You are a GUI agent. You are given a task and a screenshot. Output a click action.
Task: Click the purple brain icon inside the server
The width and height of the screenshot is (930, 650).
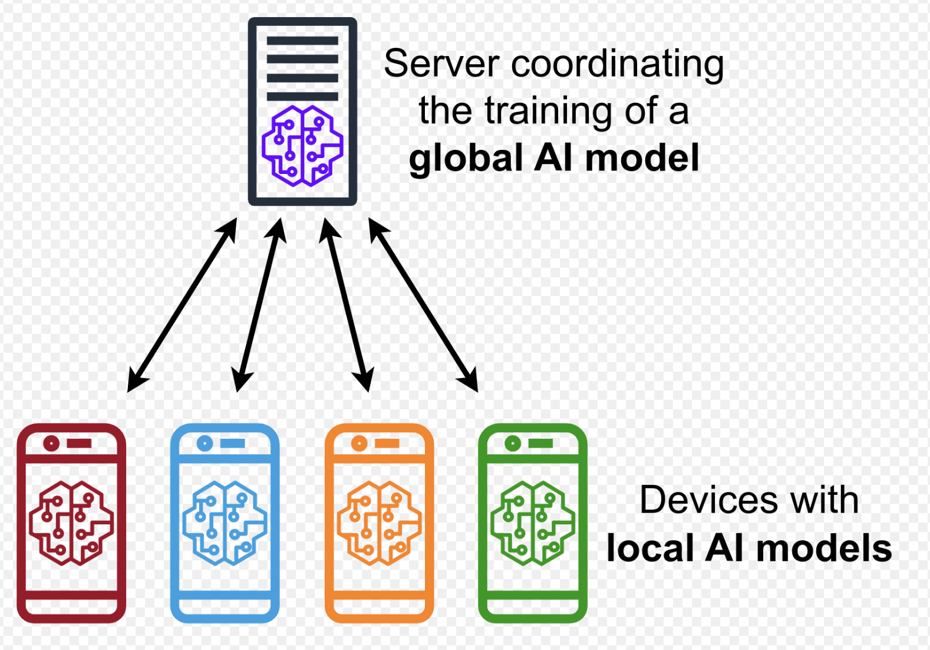(302, 146)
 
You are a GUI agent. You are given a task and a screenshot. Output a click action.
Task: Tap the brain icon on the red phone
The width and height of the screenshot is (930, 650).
(71, 523)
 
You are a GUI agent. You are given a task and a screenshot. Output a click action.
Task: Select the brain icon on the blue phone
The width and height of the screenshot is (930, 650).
(225, 523)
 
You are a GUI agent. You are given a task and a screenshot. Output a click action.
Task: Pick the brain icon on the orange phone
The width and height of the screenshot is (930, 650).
(379, 523)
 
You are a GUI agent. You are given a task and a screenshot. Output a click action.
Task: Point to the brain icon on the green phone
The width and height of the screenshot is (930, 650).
(533, 523)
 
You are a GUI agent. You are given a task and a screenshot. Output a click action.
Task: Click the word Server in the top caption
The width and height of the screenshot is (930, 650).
(441, 64)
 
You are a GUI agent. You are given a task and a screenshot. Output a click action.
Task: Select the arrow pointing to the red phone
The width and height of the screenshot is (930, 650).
(182, 304)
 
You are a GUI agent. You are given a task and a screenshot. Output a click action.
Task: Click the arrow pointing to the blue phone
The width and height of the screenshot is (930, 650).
(259, 304)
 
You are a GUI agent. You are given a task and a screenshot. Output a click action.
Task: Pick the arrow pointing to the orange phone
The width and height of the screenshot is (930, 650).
(347, 304)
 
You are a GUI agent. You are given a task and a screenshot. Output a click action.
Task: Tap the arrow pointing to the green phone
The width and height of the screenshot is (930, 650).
(423, 304)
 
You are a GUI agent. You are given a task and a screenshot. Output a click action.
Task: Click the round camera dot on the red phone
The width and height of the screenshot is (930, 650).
(51, 443)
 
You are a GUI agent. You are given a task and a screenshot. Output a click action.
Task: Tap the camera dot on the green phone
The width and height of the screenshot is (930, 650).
(513, 443)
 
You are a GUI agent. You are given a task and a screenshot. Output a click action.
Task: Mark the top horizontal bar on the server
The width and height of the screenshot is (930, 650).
(302, 41)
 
